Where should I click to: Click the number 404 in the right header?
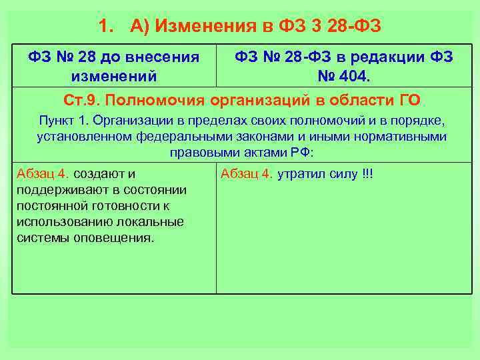click(x=352, y=76)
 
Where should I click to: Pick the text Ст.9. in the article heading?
click(x=81, y=101)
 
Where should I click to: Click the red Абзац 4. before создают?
click(x=43, y=175)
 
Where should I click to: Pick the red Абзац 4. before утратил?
click(x=247, y=175)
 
